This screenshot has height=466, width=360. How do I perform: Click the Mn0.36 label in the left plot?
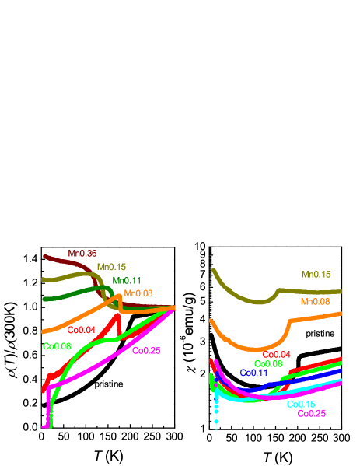pyautogui.click(x=82, y=253)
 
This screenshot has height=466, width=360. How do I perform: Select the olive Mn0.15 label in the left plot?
pyautogui.click(x=111, y=266)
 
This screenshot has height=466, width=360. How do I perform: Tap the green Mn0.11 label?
pyautogui.click(x=127, y=280)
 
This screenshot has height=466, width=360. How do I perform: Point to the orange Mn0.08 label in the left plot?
pyautogui.click(x=138, y=293)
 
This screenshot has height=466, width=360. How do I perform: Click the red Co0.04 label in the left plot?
pyautogui.click(x=81, y=330)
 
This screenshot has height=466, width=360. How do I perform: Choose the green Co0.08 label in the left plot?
pyautogui.click(x=57, y=346)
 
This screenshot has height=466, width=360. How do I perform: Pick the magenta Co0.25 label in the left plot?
pyautogui.click(x=146, y=351)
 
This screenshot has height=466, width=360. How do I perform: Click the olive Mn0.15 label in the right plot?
pyautogui.click(x=316, y=275)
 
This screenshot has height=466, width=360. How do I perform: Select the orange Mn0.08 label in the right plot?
pyautogui.click(x=315, y=302)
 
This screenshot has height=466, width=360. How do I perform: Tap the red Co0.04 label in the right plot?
pyautogui.click(x=277, y=355)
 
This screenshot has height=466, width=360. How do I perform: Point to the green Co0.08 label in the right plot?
pyautogui.click(x=268, y=363)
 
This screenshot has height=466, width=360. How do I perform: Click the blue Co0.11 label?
pyautogui.click(x=253, y=373)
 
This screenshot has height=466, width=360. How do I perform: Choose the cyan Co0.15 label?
pyautogui.click(x=301, y=404)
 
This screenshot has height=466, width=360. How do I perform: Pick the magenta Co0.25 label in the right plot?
pyautogui.click(x=312, y=413)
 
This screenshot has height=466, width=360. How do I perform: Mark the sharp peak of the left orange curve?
pyautogui.click(x=118, y=295)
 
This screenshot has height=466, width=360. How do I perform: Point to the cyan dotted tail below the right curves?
pyautogui.click(x=216, y=412)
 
